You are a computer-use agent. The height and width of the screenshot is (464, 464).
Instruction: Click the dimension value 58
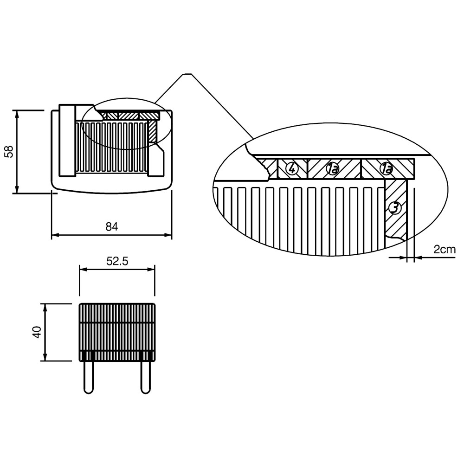tap(9, 152)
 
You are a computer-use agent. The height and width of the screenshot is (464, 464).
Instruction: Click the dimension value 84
tap(112, 227)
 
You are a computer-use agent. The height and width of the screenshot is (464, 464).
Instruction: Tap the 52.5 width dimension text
tap(117, 261)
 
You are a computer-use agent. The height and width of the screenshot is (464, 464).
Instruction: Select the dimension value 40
tap(37, 332)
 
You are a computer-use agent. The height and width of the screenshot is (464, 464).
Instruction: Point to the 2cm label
tap(445, 250)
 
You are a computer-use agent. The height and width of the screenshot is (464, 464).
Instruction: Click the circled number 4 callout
tap(292, 169)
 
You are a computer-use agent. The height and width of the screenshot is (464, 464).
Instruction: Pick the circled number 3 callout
tap(395, 207)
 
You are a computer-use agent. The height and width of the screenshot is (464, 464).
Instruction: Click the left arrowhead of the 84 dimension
tap(55, 235)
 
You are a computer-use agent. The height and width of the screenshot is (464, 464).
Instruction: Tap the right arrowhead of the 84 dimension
tap(168, 235)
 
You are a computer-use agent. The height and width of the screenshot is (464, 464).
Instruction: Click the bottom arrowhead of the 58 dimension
tap(17, 189)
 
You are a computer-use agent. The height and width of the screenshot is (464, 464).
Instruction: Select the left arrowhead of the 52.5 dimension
tap(84, 269)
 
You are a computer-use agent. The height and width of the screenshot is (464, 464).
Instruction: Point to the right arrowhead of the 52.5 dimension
tap(151, 269)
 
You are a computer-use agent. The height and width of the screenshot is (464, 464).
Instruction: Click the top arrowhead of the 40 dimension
tap(45, 308)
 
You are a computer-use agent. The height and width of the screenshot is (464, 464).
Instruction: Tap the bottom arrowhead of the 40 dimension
tap(45, 357)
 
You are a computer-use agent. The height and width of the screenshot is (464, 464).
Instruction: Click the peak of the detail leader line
tap(187, 74)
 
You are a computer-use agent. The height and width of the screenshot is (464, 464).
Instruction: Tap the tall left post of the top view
tap(67, 141)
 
